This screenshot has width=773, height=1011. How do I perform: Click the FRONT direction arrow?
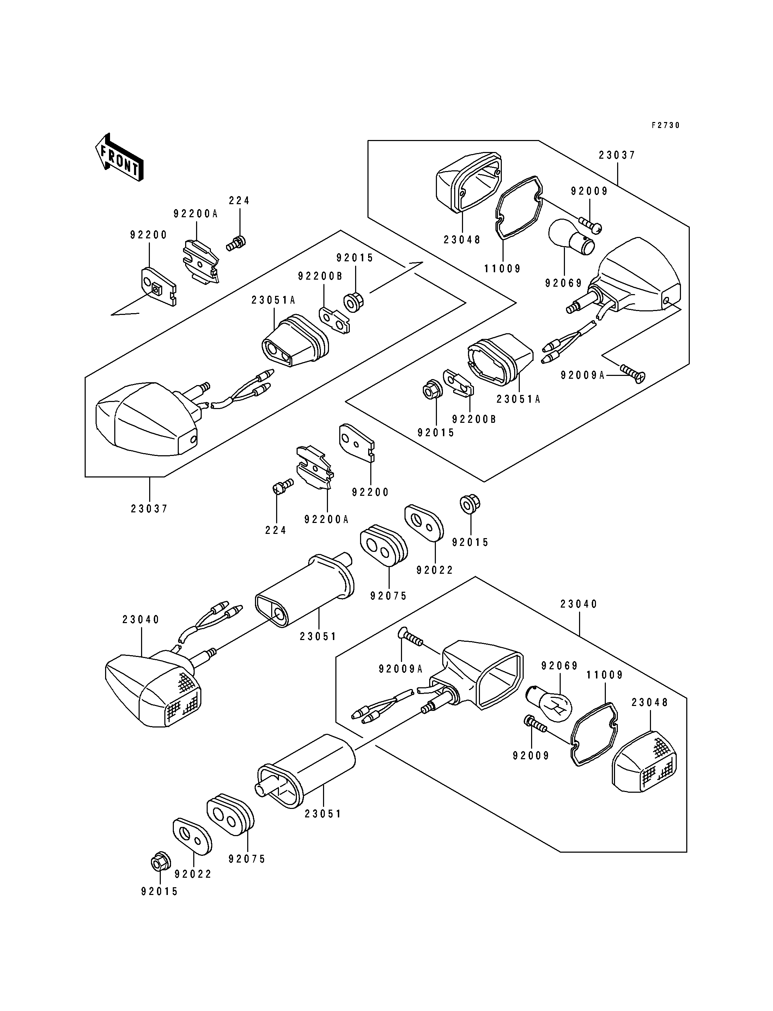(119, 157)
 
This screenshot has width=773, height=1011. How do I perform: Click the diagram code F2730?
(665, 125)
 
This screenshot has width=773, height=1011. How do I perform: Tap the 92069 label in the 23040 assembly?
(560, 666)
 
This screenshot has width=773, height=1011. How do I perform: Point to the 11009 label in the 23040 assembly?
(604, 675)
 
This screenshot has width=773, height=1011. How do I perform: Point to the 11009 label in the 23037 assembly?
(503, 268)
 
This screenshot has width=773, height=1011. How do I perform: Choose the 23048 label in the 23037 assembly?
(462, 240)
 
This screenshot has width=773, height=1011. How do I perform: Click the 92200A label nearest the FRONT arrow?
(196, 214)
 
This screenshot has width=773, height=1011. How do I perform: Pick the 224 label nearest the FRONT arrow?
(239, 201)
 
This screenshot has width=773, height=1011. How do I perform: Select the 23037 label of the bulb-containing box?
(617, 155)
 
